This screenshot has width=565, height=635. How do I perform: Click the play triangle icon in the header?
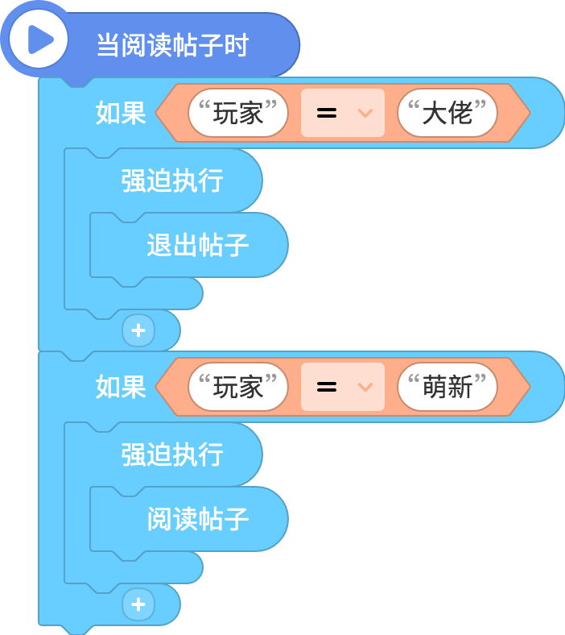40,39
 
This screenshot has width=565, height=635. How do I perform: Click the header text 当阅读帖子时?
173,45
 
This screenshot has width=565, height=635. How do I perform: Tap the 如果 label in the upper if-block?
121,113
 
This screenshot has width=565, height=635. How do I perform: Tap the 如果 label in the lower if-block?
121,387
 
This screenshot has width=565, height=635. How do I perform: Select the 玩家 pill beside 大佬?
237,113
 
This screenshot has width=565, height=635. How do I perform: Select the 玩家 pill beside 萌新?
237,387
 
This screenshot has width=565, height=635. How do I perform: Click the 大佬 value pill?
447,113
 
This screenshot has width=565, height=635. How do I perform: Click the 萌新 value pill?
447,387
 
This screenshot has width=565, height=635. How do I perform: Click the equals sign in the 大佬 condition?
327,113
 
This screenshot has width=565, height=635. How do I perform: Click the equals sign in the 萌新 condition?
327,387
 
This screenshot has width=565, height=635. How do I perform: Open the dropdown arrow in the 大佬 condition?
365,113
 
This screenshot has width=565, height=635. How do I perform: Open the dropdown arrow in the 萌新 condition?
365,388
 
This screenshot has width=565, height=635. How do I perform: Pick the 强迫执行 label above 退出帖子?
172,181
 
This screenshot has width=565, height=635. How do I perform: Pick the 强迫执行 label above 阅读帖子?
172,454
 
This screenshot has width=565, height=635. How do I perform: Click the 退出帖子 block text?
198,245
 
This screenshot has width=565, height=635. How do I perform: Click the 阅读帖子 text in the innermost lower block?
198,519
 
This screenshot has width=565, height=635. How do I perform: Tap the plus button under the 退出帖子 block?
138,330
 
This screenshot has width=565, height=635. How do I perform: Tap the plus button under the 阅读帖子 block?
138,604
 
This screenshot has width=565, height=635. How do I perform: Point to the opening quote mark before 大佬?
414,106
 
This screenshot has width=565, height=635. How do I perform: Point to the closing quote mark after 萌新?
480,380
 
